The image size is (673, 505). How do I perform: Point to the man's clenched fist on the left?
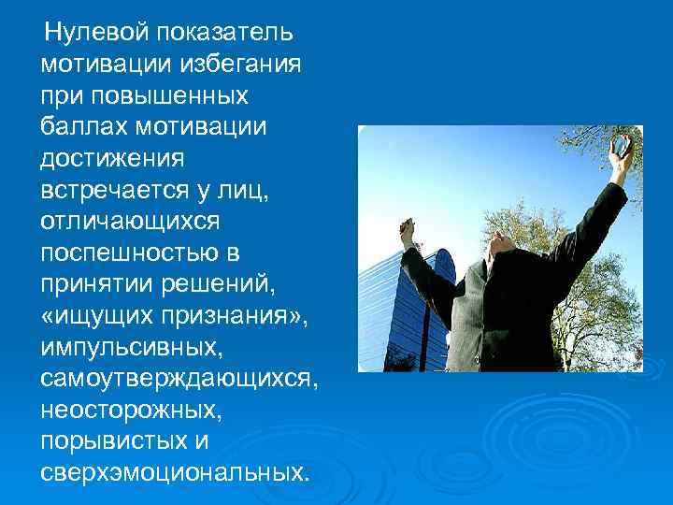(407, 229)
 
